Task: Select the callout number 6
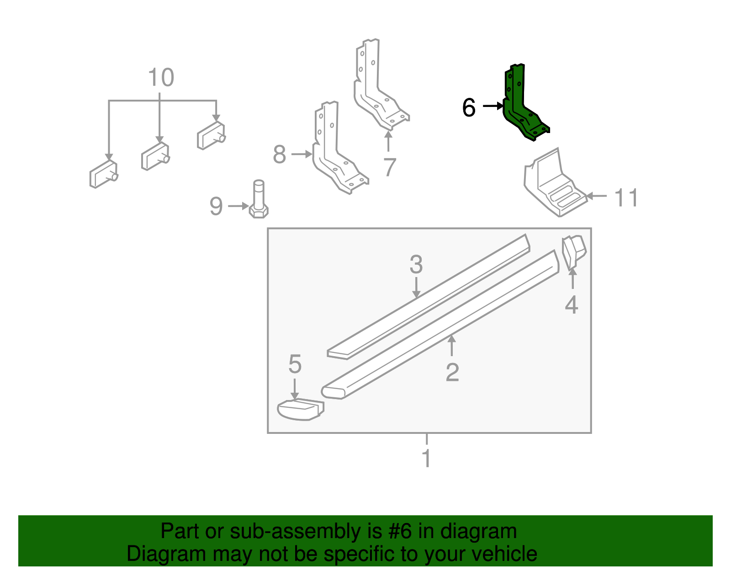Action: click(x=469, y=108)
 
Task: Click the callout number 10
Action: click(x=161, y=78)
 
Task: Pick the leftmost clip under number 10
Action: click(x=103, y=175)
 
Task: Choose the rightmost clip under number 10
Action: click(x=211, y=136)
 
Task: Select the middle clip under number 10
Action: click(x=155, y=156)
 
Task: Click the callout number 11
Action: click(x=626, y=198)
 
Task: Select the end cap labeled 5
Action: click(x=300, y=410)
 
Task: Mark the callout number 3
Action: click(x=416, y=265)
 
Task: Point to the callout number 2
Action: click(x=452, y=373)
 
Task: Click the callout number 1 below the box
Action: click(x=426, y=459)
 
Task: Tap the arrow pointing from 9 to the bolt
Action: click(x=238, y=206)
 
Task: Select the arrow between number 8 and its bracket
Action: click(x=301, y=155)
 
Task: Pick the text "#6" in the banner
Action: click(x=400, y=532)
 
